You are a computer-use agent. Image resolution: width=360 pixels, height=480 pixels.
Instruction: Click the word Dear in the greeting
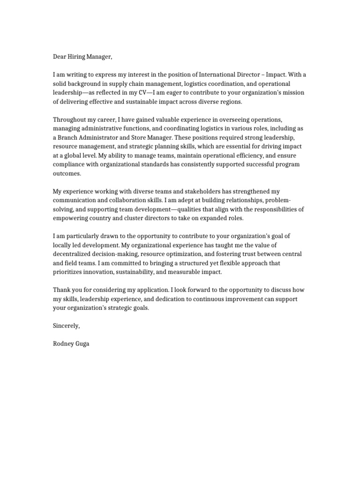click(60, 57)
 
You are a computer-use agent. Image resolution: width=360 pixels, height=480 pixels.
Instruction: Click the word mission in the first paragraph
click(291, 93)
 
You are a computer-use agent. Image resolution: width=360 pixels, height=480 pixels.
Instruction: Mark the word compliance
click(69, 164)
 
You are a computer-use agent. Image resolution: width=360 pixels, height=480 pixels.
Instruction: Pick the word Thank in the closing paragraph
click(61, 290)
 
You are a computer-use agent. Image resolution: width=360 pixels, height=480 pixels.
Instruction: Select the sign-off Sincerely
click(66, 326)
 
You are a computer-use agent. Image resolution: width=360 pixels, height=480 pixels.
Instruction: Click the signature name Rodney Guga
click(71, 344)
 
